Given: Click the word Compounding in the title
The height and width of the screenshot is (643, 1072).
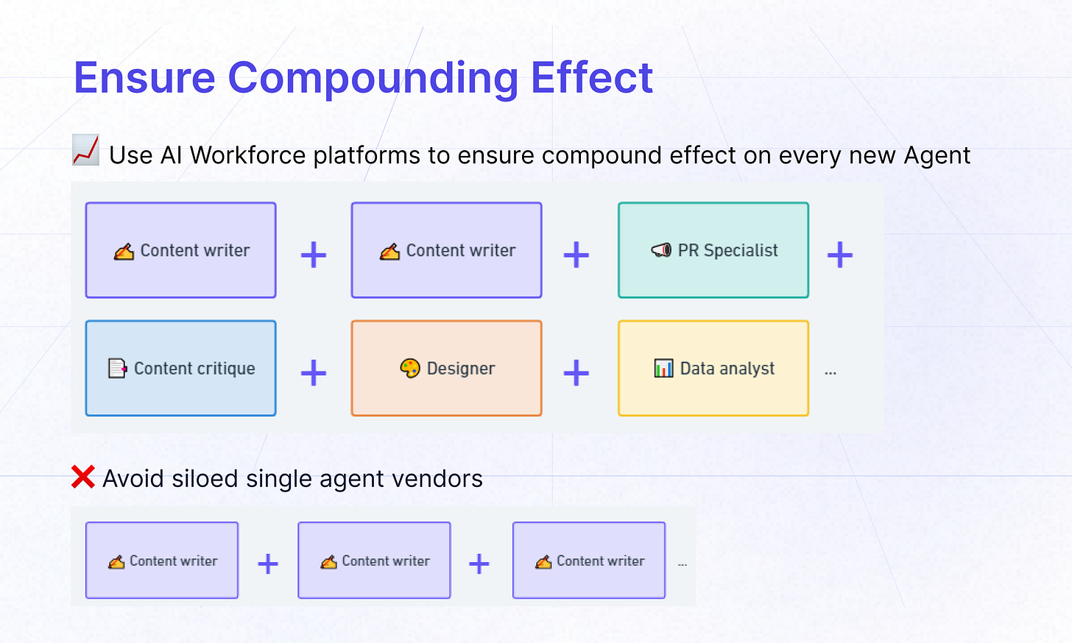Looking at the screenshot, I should click(x=373, y=78).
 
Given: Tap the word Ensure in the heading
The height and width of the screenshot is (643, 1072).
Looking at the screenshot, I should click(x=144, y=78).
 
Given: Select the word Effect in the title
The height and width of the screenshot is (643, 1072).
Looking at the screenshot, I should click(x=591, y=78).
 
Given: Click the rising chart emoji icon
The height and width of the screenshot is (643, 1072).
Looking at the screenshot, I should click(x=85, y=150).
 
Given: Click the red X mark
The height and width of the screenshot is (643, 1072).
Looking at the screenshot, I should click(x=83, y=477).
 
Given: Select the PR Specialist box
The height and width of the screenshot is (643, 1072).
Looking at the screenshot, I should click(x=713, y=250).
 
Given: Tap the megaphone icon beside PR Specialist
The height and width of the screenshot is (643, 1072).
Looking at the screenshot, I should click(x=661, y=250).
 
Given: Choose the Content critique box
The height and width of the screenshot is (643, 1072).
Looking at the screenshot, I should click(x=180, y=368).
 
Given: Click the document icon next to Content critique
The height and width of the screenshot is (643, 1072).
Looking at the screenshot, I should click(x=117, y=368).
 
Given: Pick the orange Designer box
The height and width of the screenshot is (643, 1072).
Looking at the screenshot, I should click(x=446, y=368).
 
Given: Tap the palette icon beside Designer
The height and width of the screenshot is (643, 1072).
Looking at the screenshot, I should click(x=410, y=368).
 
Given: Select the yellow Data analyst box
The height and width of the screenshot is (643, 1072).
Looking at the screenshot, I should click(x=713, y=368).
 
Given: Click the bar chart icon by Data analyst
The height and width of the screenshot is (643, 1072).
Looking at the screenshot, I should click(x=663, y=368).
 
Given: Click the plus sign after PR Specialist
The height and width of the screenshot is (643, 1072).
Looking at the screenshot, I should click(x=839, y=255).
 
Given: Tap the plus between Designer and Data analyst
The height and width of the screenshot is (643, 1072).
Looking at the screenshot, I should click(x=576, y=373).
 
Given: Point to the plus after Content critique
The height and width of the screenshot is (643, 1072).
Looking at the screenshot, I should click(x=314, y=373).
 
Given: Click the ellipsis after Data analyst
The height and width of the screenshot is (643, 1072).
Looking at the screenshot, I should click(x=831, y=373).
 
